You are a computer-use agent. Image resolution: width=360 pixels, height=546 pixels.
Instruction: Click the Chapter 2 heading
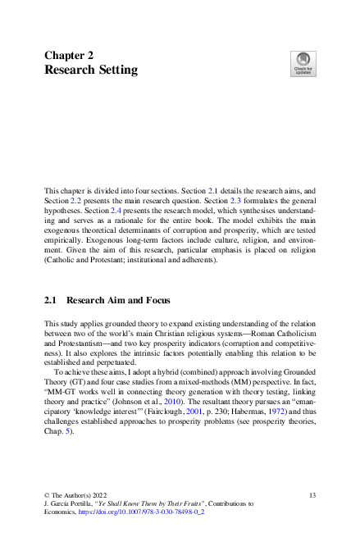pos(69,55)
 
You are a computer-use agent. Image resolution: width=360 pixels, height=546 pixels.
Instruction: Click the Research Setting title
pos(91,71)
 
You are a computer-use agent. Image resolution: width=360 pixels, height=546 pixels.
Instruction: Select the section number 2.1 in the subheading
pos(51,301)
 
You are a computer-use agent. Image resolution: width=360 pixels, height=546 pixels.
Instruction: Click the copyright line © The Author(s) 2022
pos(76,495)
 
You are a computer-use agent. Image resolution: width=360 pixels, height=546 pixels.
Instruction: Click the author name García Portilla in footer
pos(75,503)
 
